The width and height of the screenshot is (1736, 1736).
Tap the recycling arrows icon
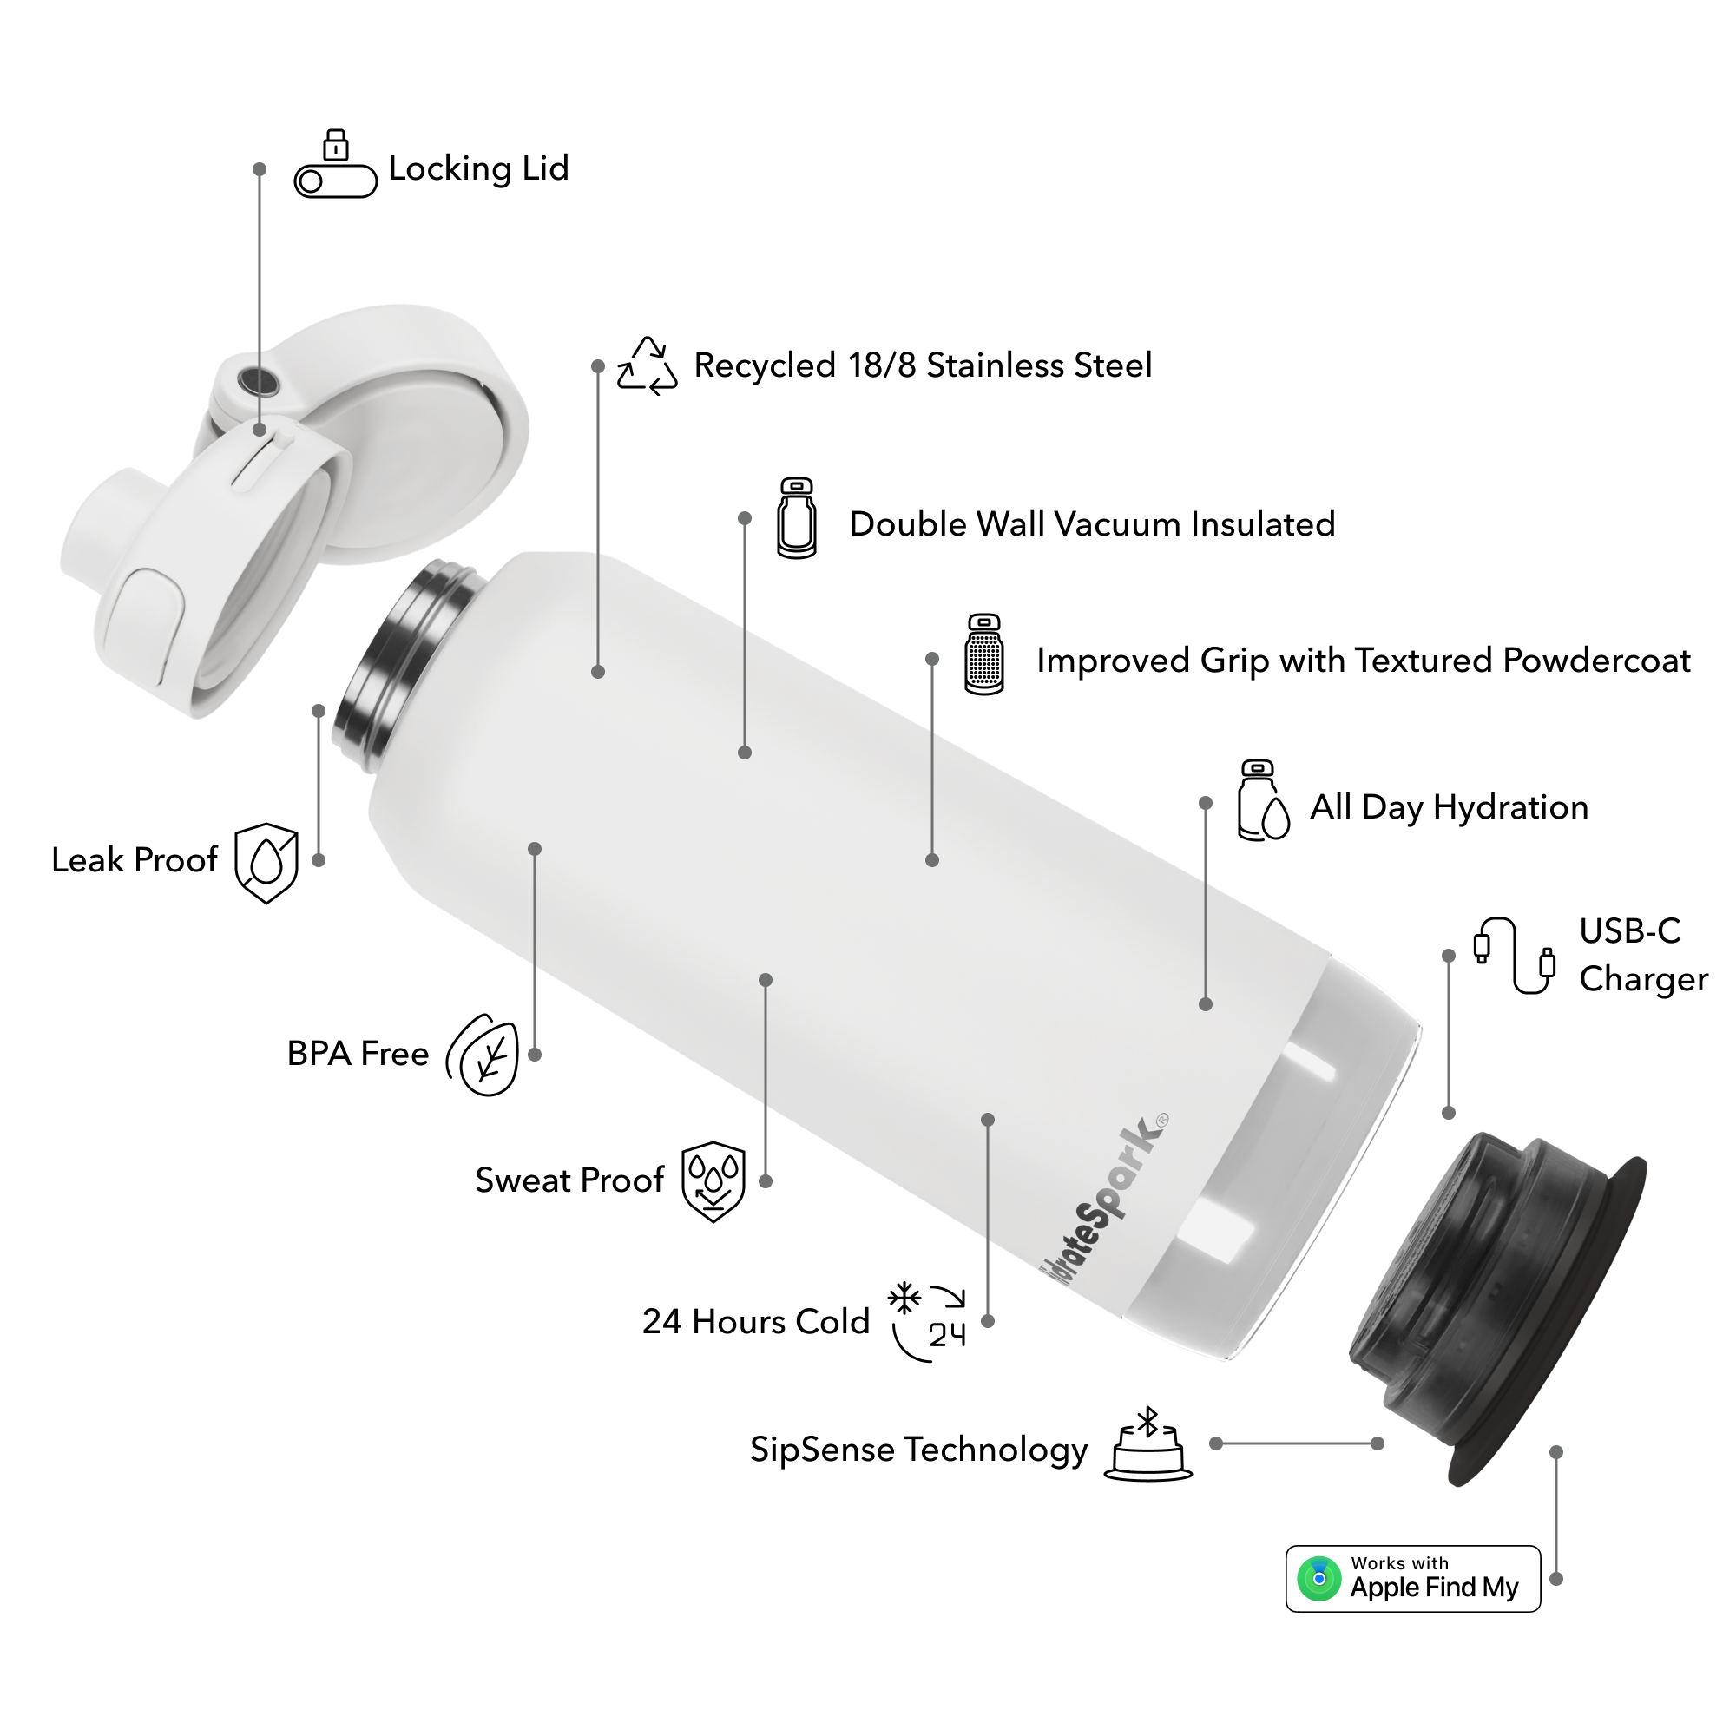pyautogui.click(x=647, y=366)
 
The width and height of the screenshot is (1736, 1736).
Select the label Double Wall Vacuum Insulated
pyautogui.click(x=1092, y=524)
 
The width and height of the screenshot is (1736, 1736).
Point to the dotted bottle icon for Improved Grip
pyautogui.click(x=984, y=654)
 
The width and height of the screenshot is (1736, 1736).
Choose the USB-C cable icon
pyautogui.click(x=1514, y=955)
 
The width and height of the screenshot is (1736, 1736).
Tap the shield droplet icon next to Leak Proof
pyautogui.click(x=266, y=863)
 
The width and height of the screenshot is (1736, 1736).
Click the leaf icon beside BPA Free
pyautogui.click(x=484, y=1055)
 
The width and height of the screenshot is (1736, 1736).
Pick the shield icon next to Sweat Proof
pyautogui.click(x=713, y=1180)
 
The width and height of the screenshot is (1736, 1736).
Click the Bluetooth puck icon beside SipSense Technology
pyautogui.click(x=1147, y=1446)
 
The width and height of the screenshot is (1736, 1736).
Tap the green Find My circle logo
pyautogui.click(x=1318, y=1579)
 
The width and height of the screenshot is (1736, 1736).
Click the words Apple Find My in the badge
pyautogui.click(x=1434, y=1588)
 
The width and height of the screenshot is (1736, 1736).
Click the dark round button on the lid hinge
pyautogui.click(x=258, y=382)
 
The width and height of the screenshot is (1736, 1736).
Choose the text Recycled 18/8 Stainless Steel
pyautogui.click(x=923, y=365)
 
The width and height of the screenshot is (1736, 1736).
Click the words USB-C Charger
pyautogui.click(x=1642, y=955)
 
